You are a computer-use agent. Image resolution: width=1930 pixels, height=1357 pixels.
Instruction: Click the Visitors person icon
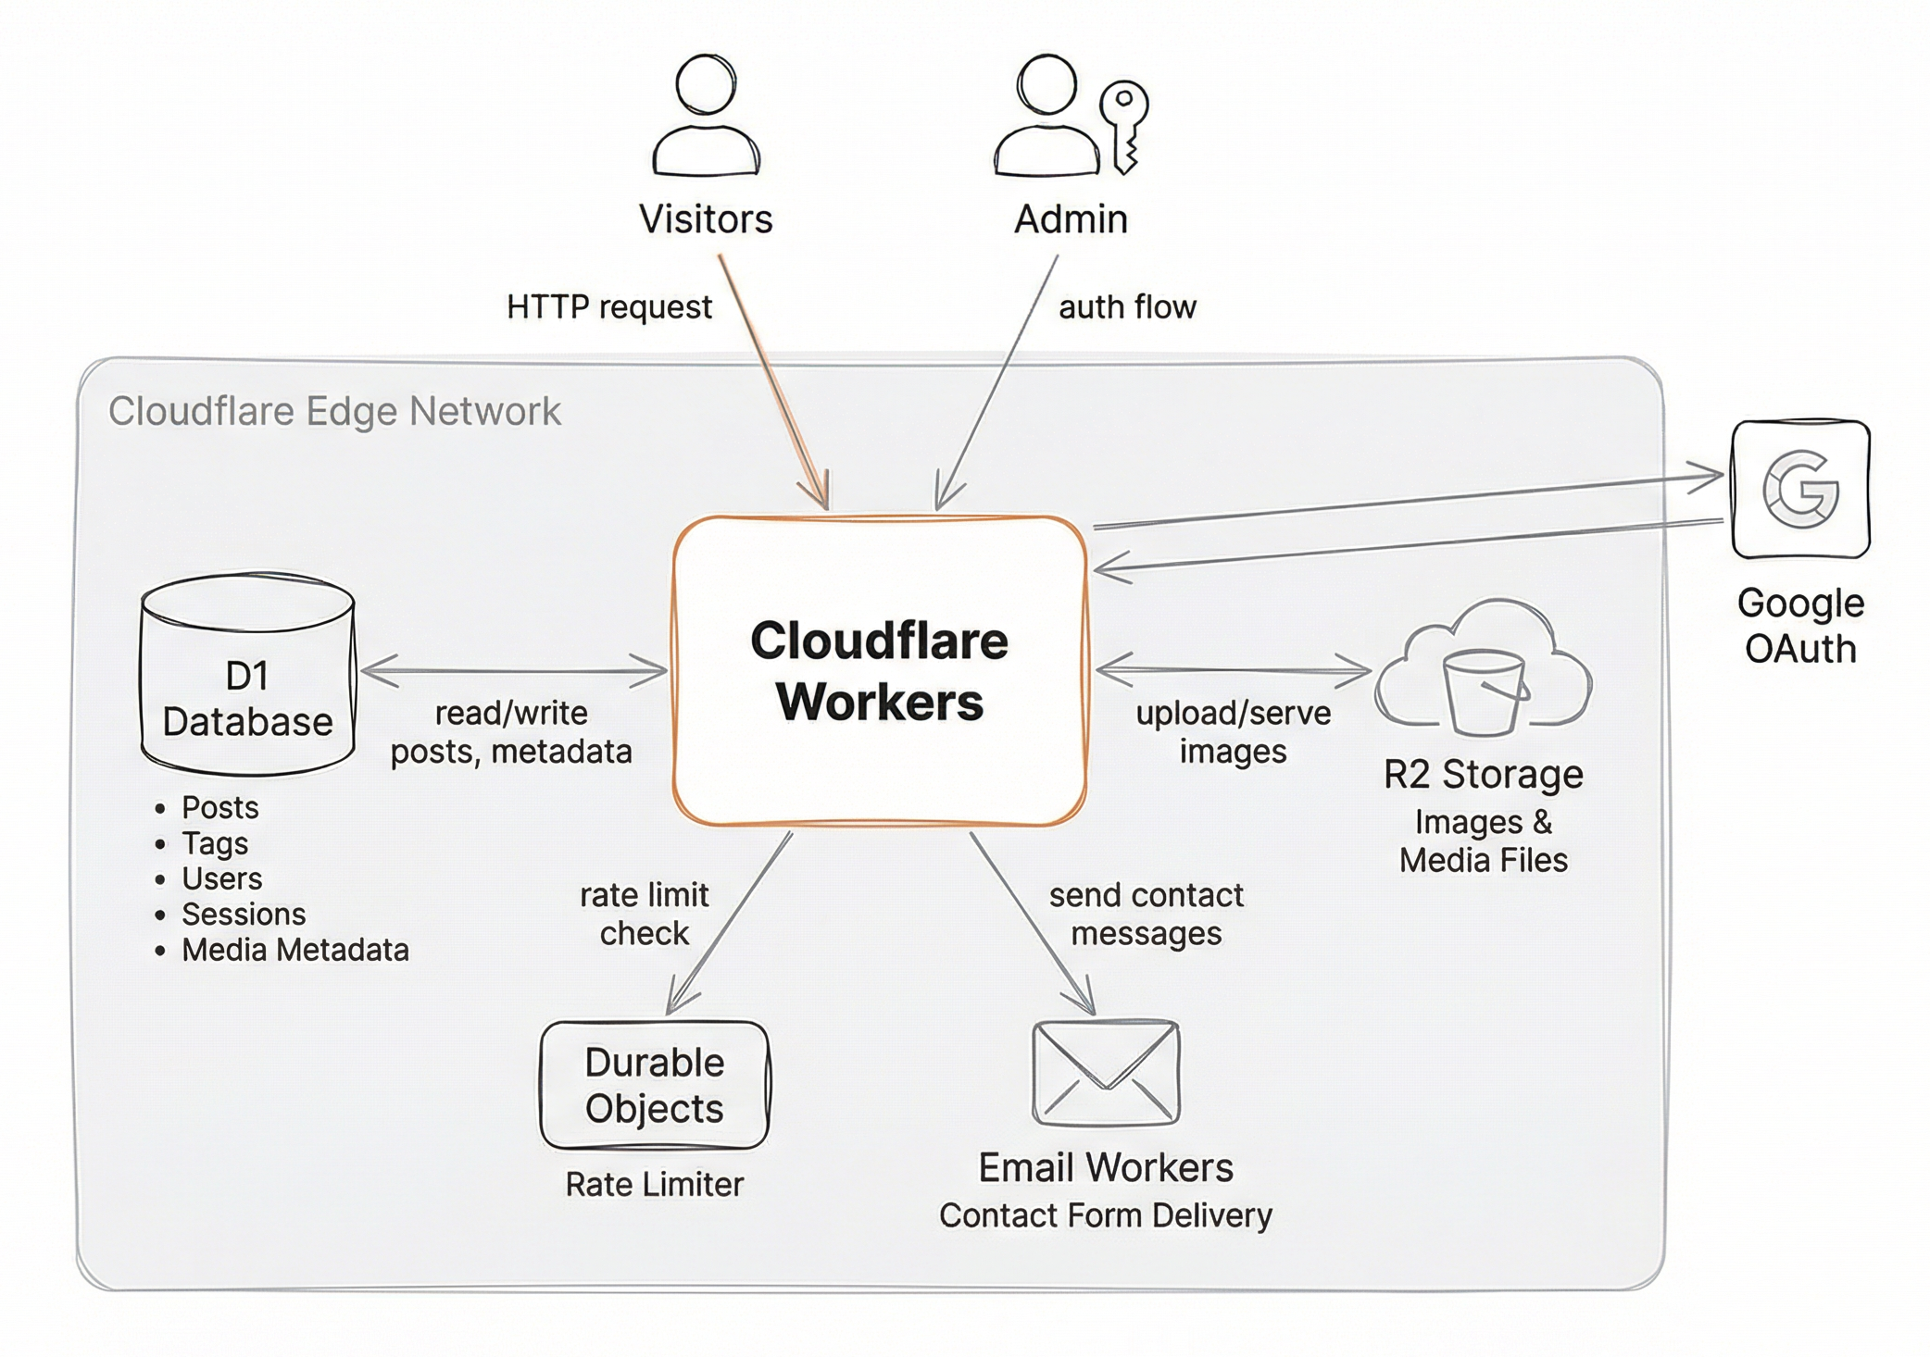[x=706, y=116]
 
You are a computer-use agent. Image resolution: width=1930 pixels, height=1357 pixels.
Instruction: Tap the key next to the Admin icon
[x=1124, y=126]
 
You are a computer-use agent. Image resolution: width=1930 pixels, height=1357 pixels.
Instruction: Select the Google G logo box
[x=1800, y=489]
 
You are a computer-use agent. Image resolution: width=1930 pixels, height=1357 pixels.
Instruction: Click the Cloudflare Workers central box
[x=880, y=671]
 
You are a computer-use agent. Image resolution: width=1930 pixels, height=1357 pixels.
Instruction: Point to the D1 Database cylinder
[x=247, y=673]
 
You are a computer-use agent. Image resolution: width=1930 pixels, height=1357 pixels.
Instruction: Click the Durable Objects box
[x=655, y=1085]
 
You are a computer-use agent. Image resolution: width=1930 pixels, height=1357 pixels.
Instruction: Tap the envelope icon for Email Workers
[x=1106, y=1073]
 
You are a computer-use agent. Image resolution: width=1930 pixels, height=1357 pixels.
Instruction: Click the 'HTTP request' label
[x=608, y=306]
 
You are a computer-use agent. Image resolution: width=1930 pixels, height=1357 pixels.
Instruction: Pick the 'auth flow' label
[x=1127, y=306]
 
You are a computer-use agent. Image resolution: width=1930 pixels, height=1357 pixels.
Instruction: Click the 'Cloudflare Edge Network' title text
[x=334, y=411]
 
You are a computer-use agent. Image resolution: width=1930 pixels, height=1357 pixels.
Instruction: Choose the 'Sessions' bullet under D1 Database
[x=243, y=915]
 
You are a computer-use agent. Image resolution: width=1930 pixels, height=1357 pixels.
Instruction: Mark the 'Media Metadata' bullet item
[x=295, y=950]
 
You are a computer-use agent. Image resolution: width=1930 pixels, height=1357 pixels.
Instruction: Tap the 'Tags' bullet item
[x=215, y=843]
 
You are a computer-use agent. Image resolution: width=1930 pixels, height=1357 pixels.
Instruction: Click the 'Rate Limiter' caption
[x=654, y=1184]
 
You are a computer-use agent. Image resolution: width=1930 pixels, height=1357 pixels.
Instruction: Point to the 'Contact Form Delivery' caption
[x=1106, y=1214]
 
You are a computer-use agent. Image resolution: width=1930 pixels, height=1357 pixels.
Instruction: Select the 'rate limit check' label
[x=644, y=914]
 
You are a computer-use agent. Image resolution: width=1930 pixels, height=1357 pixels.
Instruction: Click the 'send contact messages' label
[x=1147, y=914]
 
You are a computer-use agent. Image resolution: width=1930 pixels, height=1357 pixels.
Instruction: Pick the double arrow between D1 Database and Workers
[x=514, y=670]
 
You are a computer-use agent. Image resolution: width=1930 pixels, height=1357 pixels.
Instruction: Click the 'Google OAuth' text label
[x=1800, y=626]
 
